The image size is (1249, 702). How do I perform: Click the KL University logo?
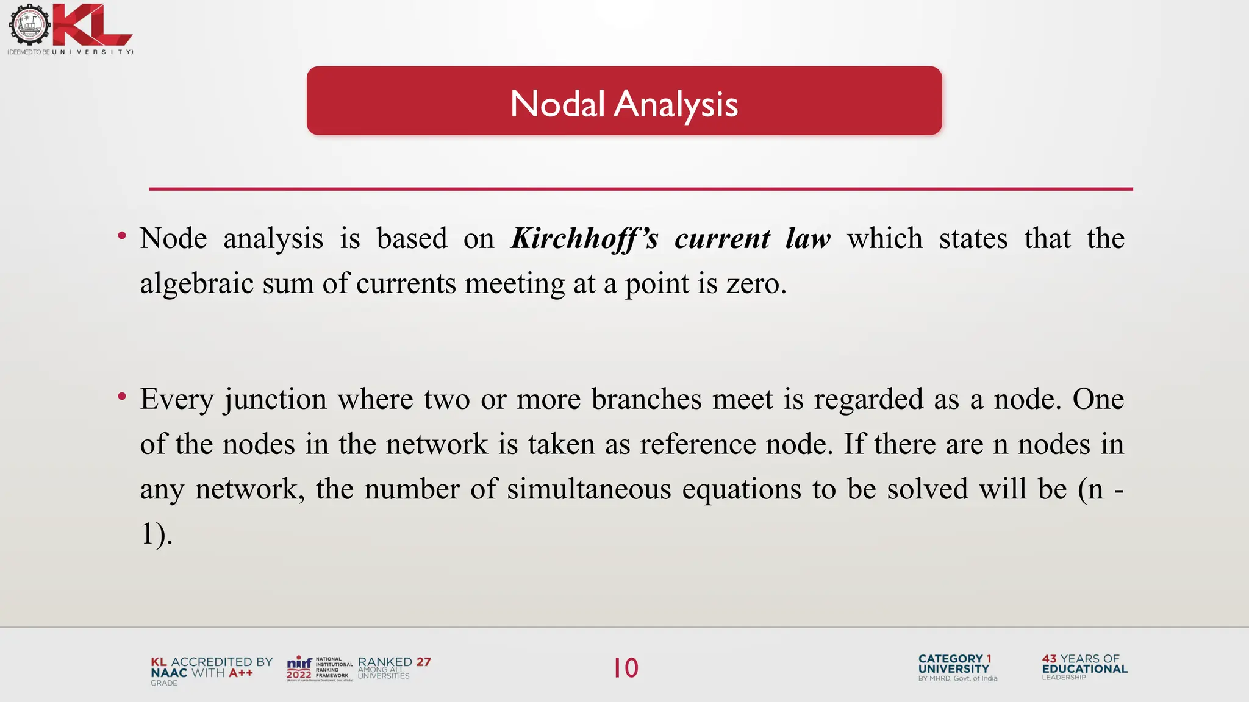[x=70, y=29]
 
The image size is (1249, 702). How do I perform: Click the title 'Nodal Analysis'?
[x=624, y=104]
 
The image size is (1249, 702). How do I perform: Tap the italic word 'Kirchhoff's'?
[x=584, y=238]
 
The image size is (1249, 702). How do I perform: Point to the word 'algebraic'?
[x=196, y=284]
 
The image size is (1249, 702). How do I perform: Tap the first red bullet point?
[x=122, y=236]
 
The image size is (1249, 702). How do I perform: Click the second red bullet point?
[x=122, y=397]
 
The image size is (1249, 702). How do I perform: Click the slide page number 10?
[x=626, y=668]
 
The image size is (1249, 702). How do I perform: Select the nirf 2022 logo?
[x=299, y=668]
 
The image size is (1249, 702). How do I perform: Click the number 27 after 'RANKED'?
[x=423, y=662]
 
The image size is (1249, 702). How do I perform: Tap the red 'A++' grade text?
[x=241, y=673]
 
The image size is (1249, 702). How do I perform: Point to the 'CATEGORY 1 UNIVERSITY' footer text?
[x=954, y=664]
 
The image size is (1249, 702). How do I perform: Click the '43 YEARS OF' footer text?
[x=1081, y=659]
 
